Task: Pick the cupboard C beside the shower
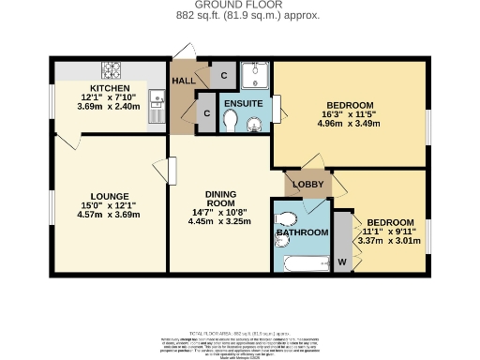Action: [x=223, y=74]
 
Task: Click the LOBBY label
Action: [x=308, y=184]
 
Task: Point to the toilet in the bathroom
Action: [x=288, y=220]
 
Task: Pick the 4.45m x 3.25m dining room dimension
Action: [x=220, y=222]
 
